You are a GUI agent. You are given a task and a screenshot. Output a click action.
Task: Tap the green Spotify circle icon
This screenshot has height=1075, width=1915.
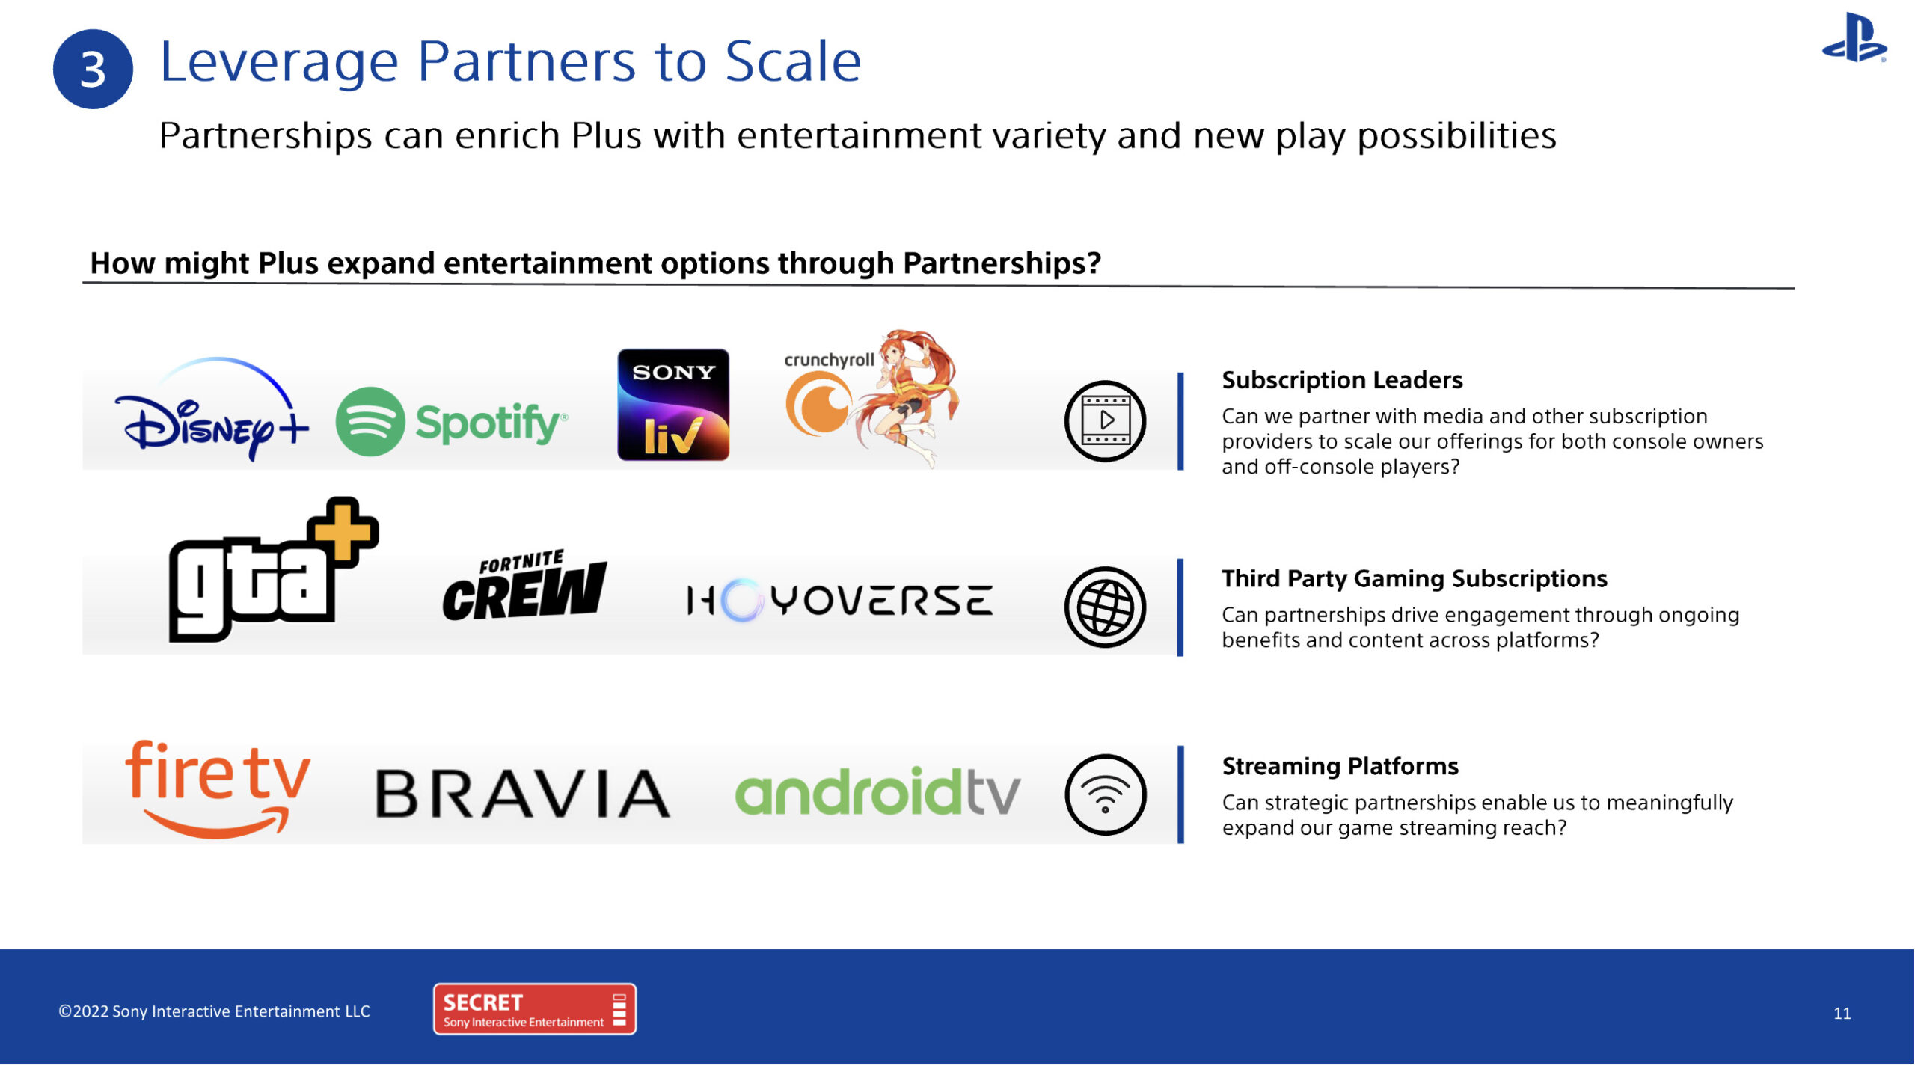(x=370, y=421)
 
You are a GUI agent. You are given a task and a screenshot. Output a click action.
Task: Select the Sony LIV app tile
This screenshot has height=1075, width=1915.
(x=673, y=404)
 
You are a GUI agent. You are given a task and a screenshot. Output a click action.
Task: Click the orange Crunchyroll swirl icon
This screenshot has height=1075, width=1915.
(x=818, y=404)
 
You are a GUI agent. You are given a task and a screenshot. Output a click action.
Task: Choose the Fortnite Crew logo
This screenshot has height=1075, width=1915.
(x=524, y=586)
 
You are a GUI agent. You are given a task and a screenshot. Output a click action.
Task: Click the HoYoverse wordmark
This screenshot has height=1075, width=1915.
(x=840, y=600)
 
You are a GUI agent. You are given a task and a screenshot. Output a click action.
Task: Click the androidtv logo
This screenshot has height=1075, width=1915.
(x=877, y=791)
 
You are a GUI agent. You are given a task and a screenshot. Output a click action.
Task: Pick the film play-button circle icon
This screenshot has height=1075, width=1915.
(x=1105, y=420)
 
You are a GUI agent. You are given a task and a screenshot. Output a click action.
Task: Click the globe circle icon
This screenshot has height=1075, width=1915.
(x=1105, y=607)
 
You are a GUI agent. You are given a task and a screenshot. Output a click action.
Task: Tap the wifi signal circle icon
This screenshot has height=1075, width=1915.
(x=1105, y=794)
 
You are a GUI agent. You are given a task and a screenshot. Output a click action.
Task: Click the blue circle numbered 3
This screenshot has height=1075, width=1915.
(x=93, y=69)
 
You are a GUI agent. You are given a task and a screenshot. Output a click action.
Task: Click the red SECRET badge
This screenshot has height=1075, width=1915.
(x=535, y=1009)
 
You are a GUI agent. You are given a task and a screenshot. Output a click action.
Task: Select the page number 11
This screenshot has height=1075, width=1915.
(x=1842, y=1014)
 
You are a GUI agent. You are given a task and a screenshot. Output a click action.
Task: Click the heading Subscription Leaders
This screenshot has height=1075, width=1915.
(x=1342, y=380)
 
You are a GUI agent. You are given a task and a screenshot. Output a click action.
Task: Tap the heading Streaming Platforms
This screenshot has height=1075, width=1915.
(x=1340, y=766)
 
